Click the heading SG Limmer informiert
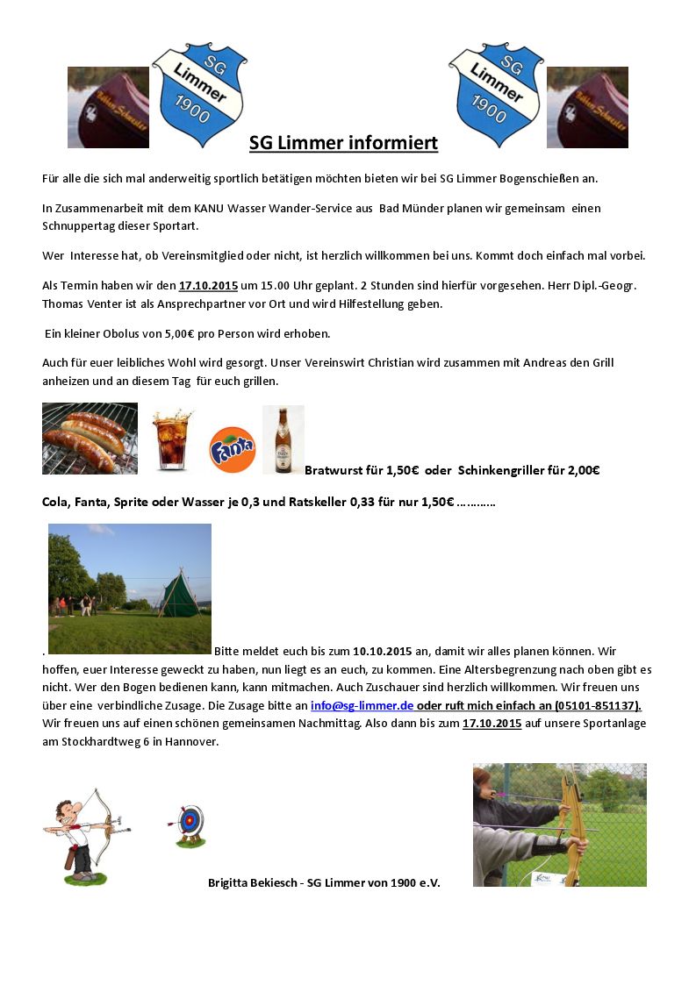point(343,143)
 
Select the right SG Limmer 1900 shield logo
point(495,95)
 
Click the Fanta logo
point(232,449)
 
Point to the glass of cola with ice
point(171,440)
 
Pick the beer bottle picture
point(283,439)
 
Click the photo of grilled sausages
point(90,439)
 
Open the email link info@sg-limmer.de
point(362,705)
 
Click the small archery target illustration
point(189,824)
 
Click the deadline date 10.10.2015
point(382,651)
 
